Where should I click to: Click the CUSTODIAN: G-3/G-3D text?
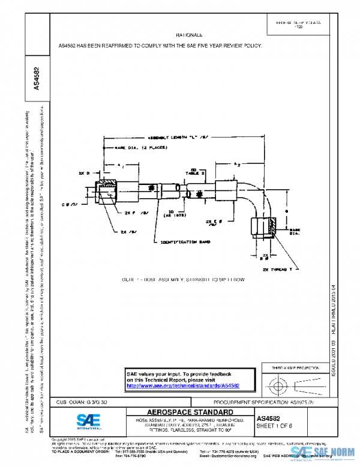(82, 401)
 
